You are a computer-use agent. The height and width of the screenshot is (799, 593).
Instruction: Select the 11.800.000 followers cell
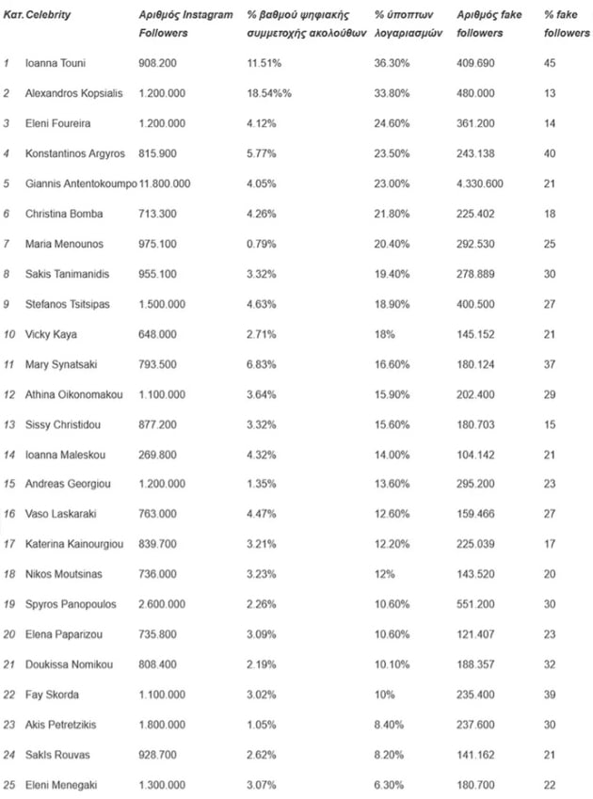[x=165, y=184]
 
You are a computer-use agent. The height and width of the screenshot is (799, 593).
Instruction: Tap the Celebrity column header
[x=48, y=16]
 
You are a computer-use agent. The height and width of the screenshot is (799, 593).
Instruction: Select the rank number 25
[x=8, y=785]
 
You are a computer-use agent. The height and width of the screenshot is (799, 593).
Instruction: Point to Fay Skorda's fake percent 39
[x=551, y=695]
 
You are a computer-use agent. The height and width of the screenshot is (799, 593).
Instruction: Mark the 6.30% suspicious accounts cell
[x=388, y=785]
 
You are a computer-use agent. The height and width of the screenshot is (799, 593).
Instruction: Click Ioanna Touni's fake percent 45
[x=551, y=63]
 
